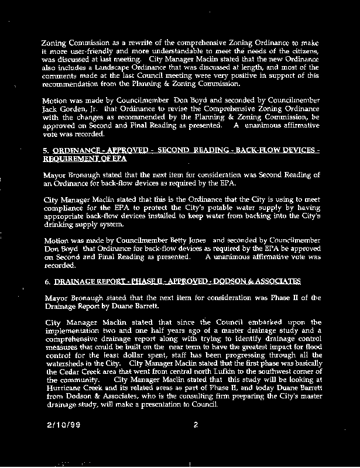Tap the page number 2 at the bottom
[x=195, y=425]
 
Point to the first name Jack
[x=52, y=109]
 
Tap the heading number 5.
[x=47, y=150]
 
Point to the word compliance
[x=67, y=208]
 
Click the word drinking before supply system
[x=61, y=224]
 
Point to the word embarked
[x=259, y=322]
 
